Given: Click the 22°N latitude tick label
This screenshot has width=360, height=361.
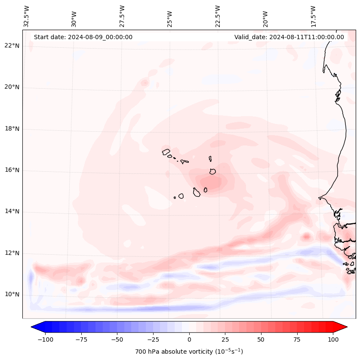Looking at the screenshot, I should [12, 46].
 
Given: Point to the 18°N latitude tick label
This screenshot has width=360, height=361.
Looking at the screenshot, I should [12, 129].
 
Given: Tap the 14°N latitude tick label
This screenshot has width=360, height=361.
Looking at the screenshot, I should [12, 211].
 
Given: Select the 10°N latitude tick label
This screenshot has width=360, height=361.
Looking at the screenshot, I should [12, 294].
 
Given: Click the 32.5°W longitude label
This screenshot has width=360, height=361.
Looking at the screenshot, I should [27, 16].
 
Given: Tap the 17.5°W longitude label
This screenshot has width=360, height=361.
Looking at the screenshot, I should [313, 16].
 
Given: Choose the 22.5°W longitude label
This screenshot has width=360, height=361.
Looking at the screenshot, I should [218, 16].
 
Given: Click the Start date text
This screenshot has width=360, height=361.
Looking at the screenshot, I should [83, 37].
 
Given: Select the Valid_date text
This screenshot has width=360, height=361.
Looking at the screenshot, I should [289, 37].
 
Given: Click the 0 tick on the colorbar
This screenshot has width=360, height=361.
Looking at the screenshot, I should [189, 339].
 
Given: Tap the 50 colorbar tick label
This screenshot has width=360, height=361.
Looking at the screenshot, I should [261, 339].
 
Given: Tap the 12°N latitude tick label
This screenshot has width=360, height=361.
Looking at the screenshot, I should [12, 253].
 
